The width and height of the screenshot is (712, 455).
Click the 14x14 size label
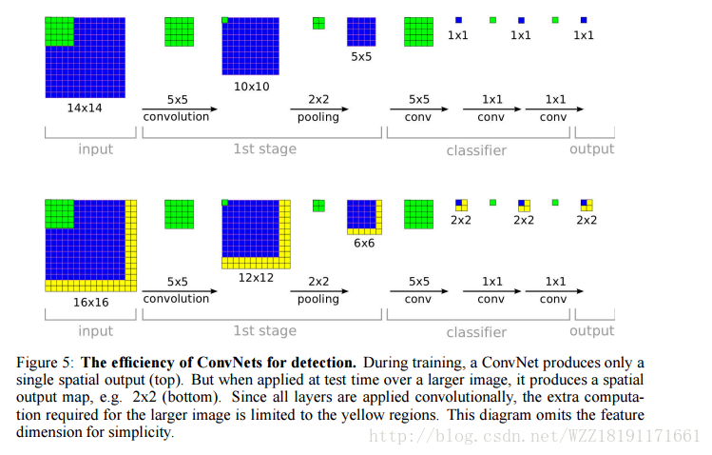point(84,109)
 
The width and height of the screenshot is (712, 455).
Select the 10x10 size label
point(252,86)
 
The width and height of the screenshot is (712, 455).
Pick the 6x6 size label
point(363,244)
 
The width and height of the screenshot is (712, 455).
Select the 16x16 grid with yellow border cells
point(91,245)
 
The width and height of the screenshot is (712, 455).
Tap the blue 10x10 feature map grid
point(252,47)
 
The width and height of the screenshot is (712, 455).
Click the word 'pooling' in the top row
point(317,116)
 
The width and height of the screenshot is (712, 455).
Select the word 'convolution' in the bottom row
point(176,299)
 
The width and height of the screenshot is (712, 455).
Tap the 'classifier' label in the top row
point(476,150)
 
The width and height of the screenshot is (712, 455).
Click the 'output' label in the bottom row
point(591,331)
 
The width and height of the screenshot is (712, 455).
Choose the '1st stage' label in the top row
point(264,148)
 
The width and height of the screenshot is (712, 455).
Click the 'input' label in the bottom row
point(95,331)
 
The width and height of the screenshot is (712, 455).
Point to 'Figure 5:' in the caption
point(47,363)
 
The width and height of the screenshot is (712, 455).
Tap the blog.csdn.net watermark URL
point(533,436)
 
